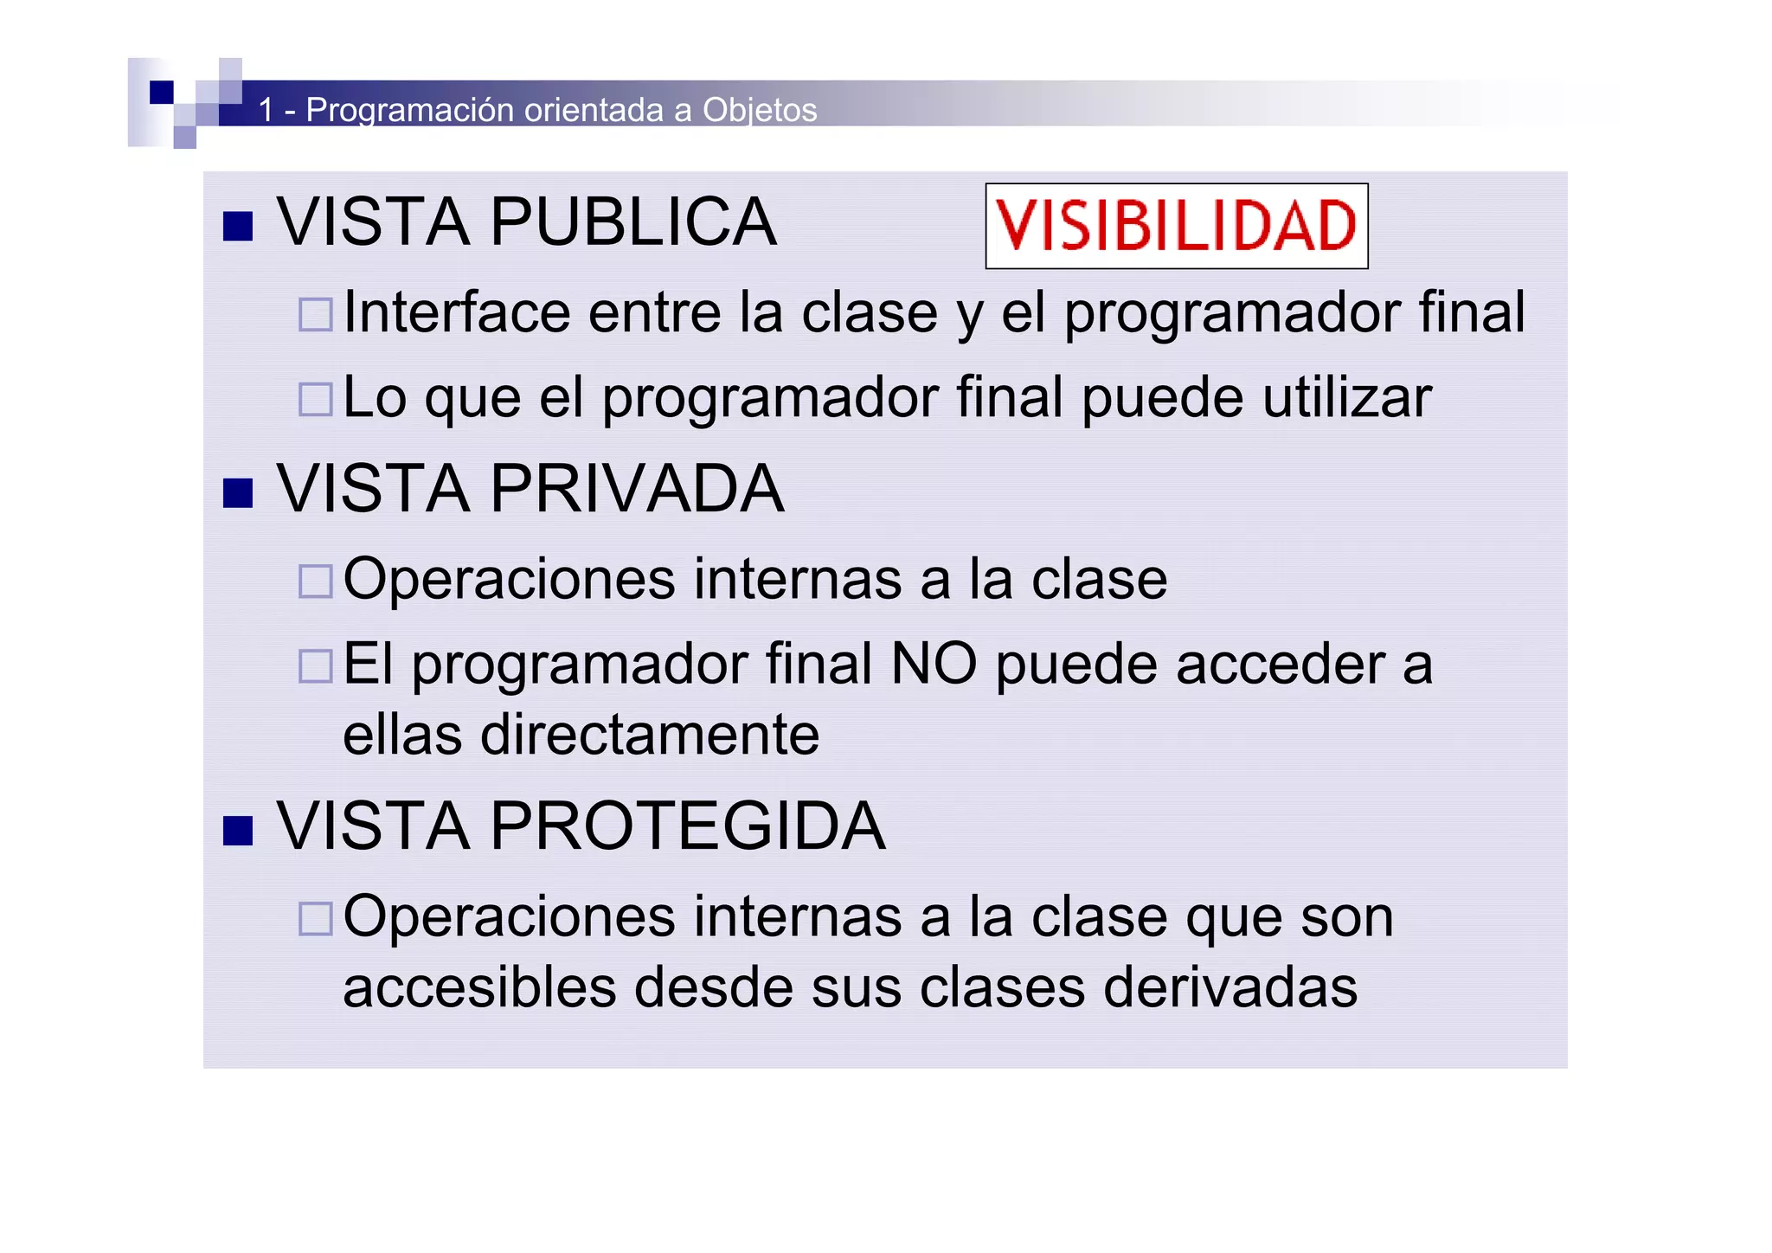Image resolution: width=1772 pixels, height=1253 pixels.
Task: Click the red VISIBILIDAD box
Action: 1176,226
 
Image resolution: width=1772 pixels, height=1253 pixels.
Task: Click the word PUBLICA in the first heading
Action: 633,222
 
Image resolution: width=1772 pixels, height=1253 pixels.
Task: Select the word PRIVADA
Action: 637,489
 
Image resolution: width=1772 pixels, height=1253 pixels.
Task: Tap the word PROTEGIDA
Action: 688,826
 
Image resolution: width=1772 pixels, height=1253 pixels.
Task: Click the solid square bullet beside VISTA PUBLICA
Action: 237,227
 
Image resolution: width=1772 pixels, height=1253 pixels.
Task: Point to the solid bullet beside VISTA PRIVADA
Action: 237,493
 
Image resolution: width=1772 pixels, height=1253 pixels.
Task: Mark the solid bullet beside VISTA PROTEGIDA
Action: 237,831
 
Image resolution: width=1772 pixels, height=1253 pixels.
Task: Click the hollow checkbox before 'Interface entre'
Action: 315,315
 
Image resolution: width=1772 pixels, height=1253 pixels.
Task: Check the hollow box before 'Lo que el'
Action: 315,400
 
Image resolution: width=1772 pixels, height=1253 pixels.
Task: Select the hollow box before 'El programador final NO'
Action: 315,666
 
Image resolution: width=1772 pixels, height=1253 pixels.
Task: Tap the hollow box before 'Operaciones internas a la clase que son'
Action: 315,919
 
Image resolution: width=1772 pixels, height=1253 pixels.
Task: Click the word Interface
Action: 457,312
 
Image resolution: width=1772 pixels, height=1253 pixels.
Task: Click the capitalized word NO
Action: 934,664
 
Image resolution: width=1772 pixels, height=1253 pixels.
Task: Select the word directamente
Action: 650,735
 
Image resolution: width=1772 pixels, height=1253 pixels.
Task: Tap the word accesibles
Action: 479,987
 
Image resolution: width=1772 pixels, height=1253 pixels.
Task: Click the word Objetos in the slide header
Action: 760,111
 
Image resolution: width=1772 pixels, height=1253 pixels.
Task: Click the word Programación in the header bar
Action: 411,111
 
